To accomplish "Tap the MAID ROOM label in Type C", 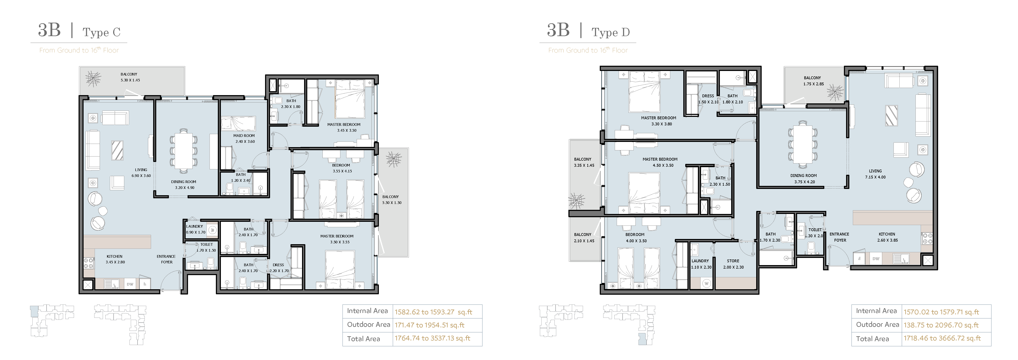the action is [244, 136].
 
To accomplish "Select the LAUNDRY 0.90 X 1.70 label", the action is [196, 229].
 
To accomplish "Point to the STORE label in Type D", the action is [733, 261].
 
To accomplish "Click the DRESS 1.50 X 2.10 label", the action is [708, 99].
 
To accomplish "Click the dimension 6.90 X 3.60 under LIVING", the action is [141, 176].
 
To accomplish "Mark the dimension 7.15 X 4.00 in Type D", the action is [875, 177].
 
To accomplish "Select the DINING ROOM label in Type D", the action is [803, 175].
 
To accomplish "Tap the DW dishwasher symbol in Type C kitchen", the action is [130, 284].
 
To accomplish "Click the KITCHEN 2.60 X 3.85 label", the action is [887, 237].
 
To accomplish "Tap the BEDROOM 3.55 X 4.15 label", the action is [342, 168].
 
